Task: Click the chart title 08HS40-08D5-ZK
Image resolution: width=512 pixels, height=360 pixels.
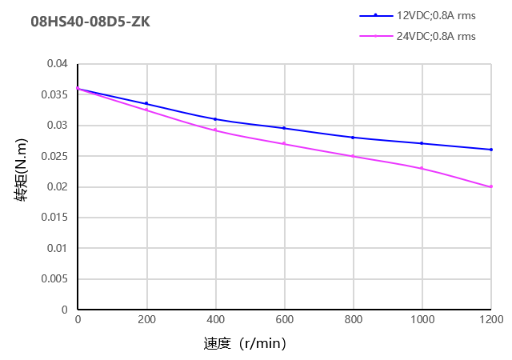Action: click(90, 22)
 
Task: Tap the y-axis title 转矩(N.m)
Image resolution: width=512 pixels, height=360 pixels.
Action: click(23, 186)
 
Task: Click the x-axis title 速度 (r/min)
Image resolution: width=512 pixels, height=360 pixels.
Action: click(245, 344)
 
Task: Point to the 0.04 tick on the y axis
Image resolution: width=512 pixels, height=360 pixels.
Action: click(57, 64)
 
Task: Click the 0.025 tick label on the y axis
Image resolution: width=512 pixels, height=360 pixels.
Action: click(54, 156)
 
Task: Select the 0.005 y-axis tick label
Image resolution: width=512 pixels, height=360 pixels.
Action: click(54, 279)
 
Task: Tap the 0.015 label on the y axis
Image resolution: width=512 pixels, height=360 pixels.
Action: click(54, 218)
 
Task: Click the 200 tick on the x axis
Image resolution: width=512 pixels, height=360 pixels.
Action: click(146, 320)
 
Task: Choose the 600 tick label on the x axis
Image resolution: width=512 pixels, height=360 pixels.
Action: click(284, 320)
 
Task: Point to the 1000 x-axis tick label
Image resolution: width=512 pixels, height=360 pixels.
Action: click(422, 320)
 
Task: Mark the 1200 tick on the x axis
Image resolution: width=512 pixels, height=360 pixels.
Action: click(490, 320)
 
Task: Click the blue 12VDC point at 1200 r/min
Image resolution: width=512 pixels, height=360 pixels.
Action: click(490, 150)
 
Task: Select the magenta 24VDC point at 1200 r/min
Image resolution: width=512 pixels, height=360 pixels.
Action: click(490, 186)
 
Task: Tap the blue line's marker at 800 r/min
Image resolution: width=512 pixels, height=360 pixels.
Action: click(353, 138)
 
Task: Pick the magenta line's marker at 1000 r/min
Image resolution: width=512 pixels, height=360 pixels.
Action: click(422, 168)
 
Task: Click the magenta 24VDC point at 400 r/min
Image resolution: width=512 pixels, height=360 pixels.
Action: click(215, 130)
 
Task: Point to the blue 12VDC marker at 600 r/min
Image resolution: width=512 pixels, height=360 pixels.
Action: click(284, 128)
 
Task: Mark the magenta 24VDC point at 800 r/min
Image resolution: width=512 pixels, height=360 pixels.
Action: click(353, 156)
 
